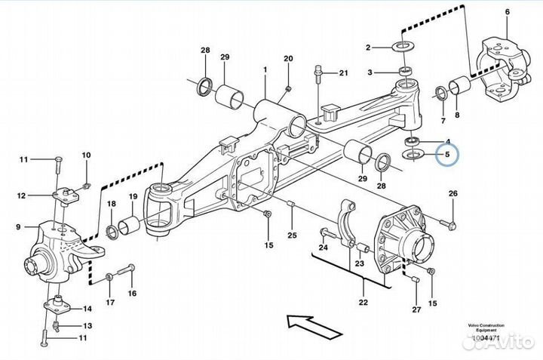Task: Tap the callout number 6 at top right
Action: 507,11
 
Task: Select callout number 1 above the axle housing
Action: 265,69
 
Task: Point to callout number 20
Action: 287,59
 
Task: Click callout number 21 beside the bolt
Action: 343,73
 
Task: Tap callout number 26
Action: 452,195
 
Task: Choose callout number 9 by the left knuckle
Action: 17,226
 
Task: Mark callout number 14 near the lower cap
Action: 87,308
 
